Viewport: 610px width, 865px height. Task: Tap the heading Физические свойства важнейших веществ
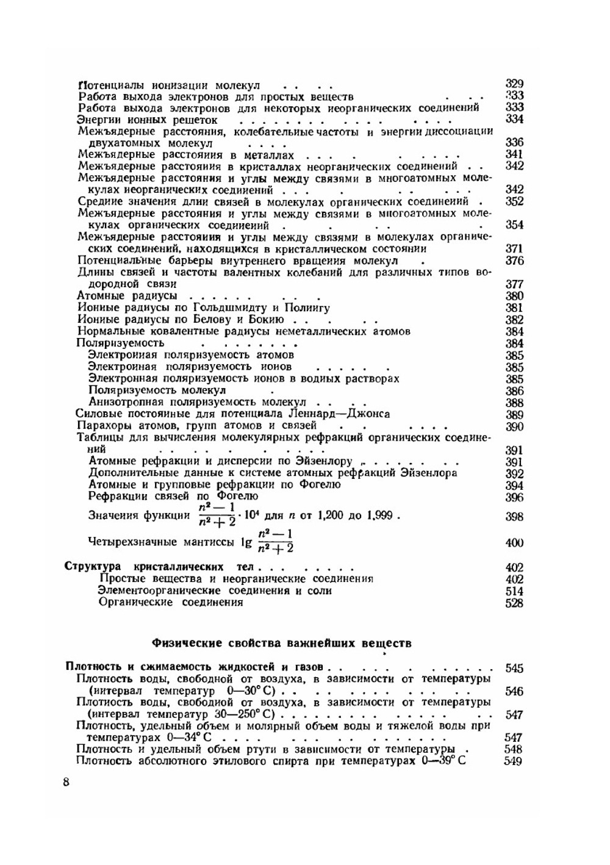click(281, 643)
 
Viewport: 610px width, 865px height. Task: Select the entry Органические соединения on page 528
click(171, 603)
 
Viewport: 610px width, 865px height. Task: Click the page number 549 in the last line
click(513, 761)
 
